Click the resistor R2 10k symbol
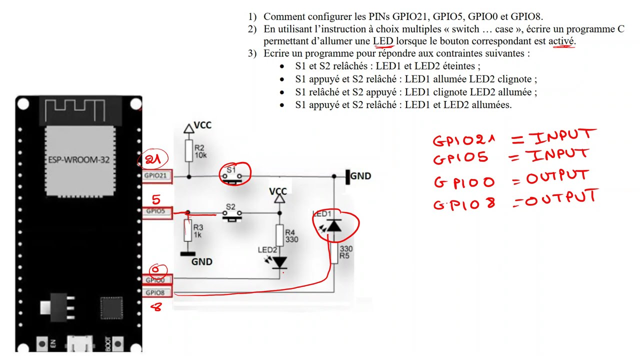[x=188, y=150]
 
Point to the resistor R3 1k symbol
[x=187, y=230]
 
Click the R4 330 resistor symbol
[x=279, y=235]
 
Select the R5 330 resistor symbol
[x=334, y=253]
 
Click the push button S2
[x=232, y=215]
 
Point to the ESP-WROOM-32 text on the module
[x=79, y=159]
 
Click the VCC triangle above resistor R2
[x=188, y=128]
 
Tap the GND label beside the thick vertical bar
[x=360, y=176]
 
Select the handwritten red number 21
[x=153, y=159]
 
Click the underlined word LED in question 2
[x=383, y=41]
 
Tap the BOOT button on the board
[x=117, y=343]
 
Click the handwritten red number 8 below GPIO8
[x=156, y=307]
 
